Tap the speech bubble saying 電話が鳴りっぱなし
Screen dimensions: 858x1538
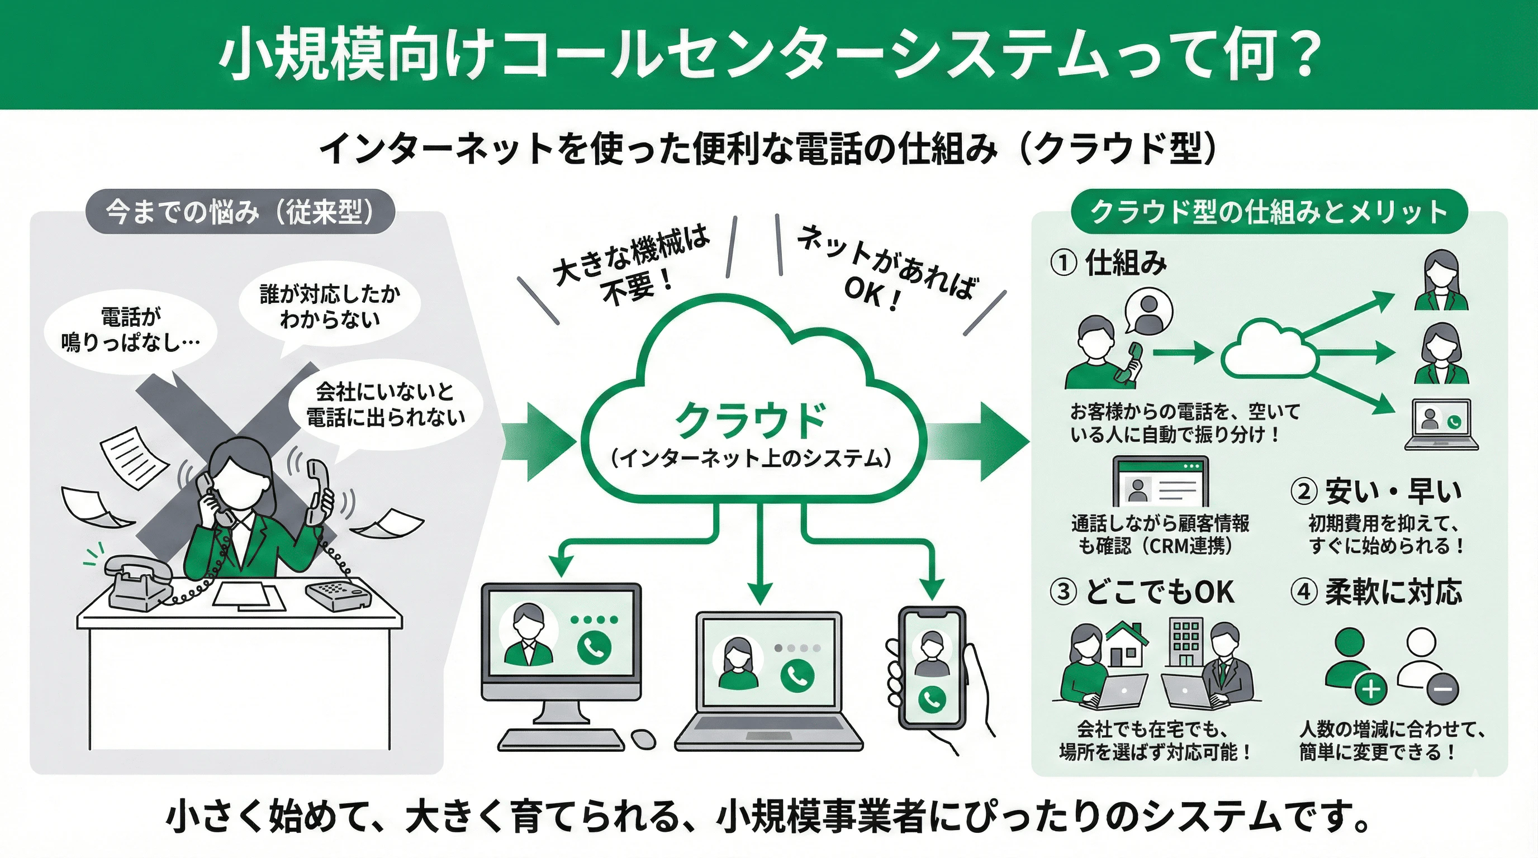click(x=131, y=330)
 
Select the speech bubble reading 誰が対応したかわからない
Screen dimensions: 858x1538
click(x=330, y=307)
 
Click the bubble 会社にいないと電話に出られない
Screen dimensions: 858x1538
click(x=385, y=404)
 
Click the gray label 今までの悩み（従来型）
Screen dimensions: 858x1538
click(x=240, y=211)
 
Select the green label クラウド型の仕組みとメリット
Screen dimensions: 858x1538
click(x=1269, y=212)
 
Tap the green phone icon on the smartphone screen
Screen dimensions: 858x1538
click(x=932, y=699)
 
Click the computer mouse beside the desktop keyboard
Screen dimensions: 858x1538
click(x=643, y=739)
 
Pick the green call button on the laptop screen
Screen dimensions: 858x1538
click(x=797, y=676)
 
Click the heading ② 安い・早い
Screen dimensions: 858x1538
click(x=1376, y=492)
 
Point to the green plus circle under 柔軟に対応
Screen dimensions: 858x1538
click(x=1371, y=689)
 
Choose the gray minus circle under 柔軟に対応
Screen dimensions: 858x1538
click(x=1443, y=689)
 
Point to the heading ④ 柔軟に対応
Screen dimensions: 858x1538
click(x=1376, y=592)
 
